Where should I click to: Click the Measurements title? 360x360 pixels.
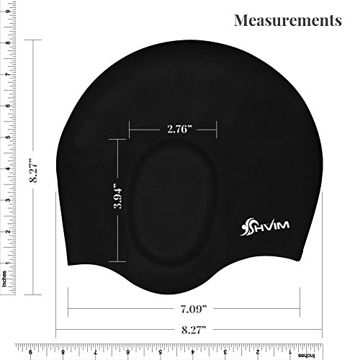tap(288, 20)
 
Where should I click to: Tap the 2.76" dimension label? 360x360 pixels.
tap(180, 130)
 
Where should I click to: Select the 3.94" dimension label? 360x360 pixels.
tap(118, 196)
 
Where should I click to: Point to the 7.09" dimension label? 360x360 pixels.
tap(194, 309)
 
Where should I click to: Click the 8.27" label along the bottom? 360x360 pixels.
tap(194, 330)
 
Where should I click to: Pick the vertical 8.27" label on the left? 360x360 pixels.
tap(33, 170)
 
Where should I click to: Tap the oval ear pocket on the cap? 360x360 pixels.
tap(172, 202)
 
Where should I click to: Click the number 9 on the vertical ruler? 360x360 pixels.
tap(8, 12)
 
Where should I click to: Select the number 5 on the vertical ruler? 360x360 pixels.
tap(8, 138)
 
